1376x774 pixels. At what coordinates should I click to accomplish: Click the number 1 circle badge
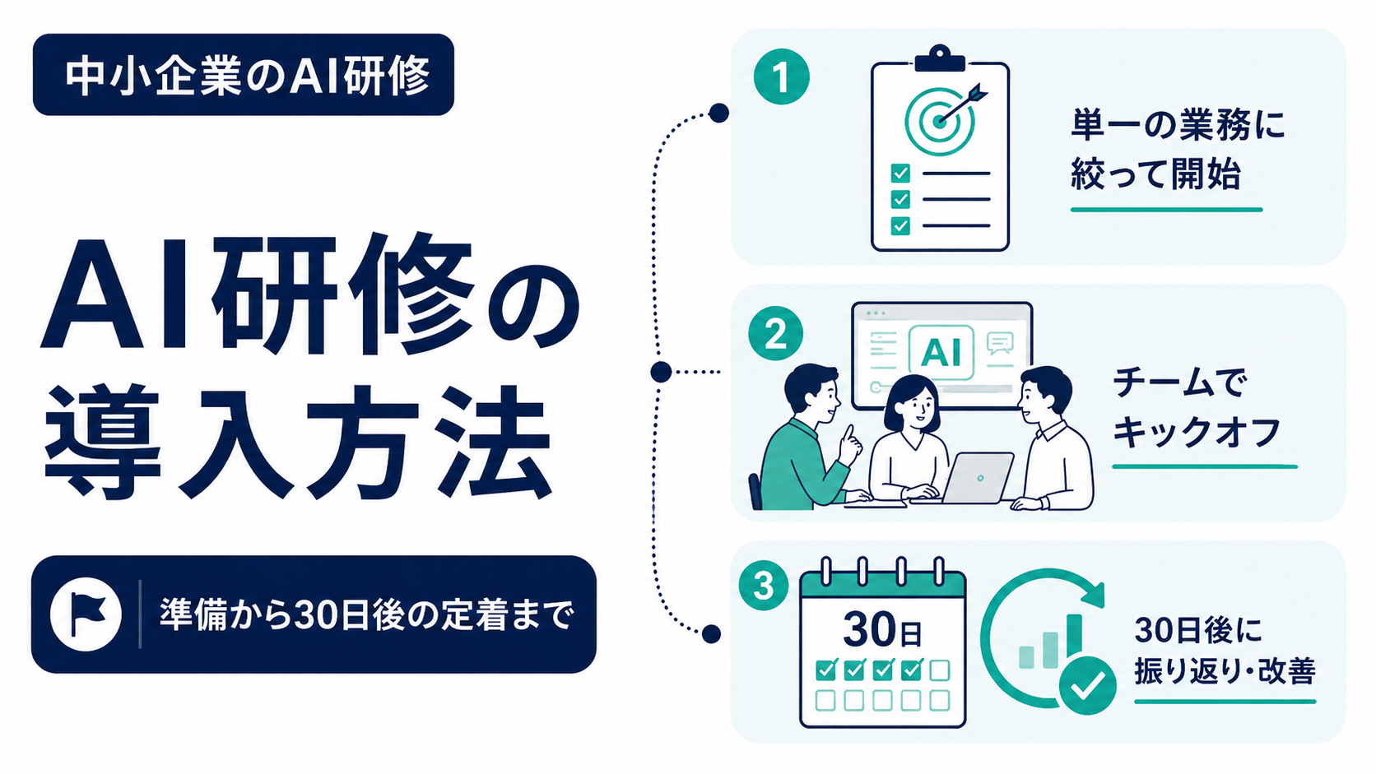coord(781,76)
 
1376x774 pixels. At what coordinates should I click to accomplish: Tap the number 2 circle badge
coord(776,334)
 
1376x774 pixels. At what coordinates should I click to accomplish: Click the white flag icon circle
coord(86,614)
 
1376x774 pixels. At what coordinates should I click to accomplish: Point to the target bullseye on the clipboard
coord(939,120)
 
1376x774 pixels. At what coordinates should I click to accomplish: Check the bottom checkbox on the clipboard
coord(900,225)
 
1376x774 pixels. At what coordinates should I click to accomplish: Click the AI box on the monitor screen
coord(941,353)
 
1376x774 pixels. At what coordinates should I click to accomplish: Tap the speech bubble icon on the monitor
coord(999,342)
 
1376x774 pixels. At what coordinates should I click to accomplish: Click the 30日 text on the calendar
coord(882,629)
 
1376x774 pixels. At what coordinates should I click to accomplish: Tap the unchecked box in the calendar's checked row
coord(939,670)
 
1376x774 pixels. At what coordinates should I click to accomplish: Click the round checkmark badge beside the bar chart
coord(1087,685)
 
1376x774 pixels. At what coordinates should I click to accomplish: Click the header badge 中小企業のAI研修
coord(244,74)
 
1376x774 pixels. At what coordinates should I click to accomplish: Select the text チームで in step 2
coord(1180,383)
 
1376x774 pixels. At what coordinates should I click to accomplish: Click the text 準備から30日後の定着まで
coord(366,614)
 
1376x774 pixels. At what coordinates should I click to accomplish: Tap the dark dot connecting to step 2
coord(661,372)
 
